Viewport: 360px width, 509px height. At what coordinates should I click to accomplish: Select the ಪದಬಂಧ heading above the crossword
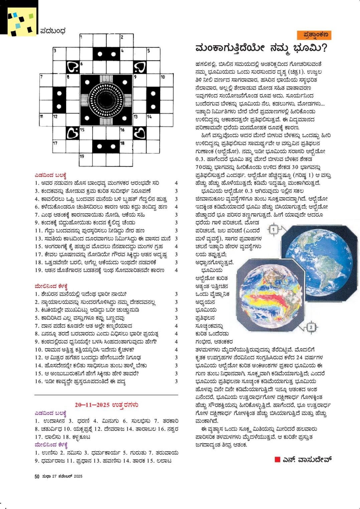tap(53, 31)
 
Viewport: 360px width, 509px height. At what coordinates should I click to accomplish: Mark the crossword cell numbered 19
tap(86, 160)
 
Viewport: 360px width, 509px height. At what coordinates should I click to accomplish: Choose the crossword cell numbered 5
tap(152, 54)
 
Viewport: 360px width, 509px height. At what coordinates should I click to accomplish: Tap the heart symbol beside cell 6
tap(72, 67)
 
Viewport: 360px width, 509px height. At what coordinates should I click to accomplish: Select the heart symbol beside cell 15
tap(72, 133)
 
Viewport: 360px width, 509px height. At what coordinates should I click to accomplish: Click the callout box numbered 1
tap(273, 230)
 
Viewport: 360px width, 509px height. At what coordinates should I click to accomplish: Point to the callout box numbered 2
tap(311, 327)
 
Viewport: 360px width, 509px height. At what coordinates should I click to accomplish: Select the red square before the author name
tap(277, 460)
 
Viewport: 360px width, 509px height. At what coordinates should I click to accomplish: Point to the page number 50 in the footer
tap(37, 476)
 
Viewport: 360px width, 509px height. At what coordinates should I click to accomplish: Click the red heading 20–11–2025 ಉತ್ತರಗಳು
tap(107, 405)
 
